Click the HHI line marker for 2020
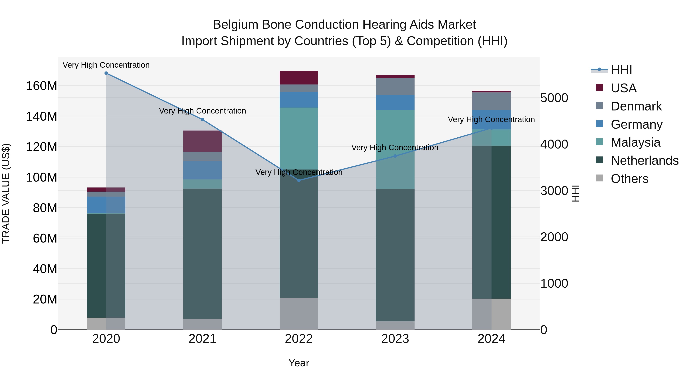click(x=106, y=73)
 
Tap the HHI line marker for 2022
click(x=299, y=181)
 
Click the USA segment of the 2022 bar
click(x=299, y=78)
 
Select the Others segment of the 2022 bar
click(x=299, y=314)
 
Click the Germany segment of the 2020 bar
click(x=106, y=205)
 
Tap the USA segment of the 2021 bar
click(x=202, y=141)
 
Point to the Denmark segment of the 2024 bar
click(x=491, y=101)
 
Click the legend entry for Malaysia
click(x=635, y=142)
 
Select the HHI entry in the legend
click(x=621, y=70)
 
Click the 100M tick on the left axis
click(x=42, y=177)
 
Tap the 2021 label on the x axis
click(x=202, y=339)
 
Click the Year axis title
click(x=299, y=363)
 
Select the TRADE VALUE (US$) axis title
click(x=6, y=193)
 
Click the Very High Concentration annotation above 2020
click(x=106, y=65)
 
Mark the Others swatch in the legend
click(x=599, y=178)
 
